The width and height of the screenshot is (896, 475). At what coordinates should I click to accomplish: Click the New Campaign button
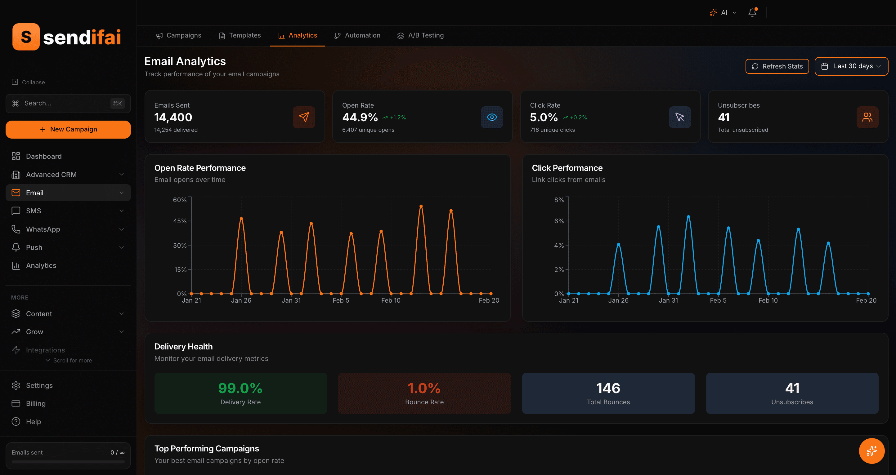pyautogui.click(x=68, y=129)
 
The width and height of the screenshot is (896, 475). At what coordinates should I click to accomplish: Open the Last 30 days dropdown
pyautogui.click(x=851, y=66)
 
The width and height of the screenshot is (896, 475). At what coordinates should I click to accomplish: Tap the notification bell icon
pyautogui.click(x=752, y=13)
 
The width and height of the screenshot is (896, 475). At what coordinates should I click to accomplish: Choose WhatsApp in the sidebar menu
pyautogui.click(x=43, y=229)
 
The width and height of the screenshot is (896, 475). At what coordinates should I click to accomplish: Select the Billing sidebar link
pyautogui.click(x=35, y=403)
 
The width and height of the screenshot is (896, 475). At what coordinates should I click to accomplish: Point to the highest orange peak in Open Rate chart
pyautogui.click(x=421, y=206)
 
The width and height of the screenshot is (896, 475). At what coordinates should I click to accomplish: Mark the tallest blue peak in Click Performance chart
pyautogui.click(x=688, y=217)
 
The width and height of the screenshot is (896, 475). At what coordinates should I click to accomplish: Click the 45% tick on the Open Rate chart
pyautogui.click(x=180, y=221)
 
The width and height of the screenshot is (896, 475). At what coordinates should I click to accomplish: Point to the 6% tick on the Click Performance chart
pyautogui.click(x=559, y=221)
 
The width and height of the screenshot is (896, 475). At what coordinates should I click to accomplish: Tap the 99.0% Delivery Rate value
pyautogui.click(x=240, y=388)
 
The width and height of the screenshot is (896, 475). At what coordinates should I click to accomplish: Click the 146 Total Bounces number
pyautogui.click(x=608, y=388)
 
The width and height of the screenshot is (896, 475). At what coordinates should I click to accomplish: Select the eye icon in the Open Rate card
pyautogui.click(x=491, y=117)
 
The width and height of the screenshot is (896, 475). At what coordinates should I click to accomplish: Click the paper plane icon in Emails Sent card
pyautogui.click(x=304, y=117)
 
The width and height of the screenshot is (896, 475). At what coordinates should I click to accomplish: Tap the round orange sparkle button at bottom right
pyautogui.click(x=871, y=451)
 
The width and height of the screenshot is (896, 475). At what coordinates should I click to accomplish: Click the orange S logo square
pyautogui.click(x=26, y=37)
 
